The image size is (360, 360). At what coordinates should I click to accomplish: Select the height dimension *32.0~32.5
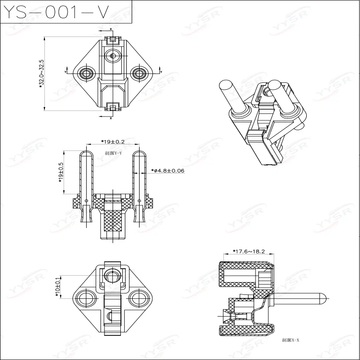point(42,74)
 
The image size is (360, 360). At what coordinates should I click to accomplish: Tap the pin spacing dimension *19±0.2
point(113,142)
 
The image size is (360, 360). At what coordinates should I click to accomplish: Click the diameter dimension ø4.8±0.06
point(168,171)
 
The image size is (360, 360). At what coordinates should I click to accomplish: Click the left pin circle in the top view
point(87,73)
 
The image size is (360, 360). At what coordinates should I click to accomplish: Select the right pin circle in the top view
point(140,73)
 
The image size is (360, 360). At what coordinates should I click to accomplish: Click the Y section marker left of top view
point(66,72)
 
